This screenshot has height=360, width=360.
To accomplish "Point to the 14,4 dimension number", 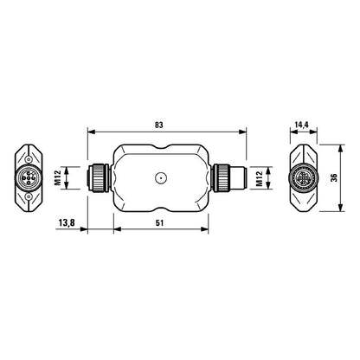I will [300, 125].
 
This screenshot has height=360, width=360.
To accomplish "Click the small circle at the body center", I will [159, 180].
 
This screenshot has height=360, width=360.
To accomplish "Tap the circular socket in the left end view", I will [29, 180].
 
